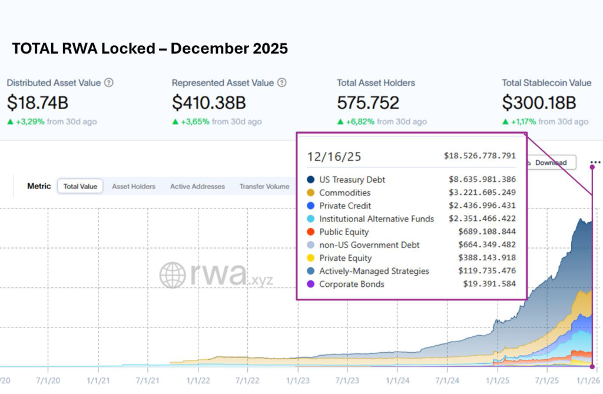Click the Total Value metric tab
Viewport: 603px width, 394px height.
(80, 186)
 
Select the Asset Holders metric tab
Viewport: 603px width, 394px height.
(134, 186)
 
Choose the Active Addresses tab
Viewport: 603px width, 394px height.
(197, 186)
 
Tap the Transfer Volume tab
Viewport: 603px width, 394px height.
(264, 186)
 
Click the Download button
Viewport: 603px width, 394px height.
(550, 163)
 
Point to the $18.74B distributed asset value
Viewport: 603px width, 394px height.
(38, 103)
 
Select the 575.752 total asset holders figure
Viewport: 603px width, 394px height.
(368, 103)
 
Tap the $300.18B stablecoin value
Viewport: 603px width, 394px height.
(539, 103)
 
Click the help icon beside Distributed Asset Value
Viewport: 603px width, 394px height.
(109, 83)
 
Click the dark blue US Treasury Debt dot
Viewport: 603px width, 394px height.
(310, 180)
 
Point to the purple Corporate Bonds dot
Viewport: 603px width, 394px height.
(310, 284)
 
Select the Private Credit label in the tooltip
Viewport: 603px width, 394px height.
(346, 206)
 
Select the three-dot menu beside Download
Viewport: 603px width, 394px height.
(595, 163)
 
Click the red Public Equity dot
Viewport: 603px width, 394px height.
(310, 232)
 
